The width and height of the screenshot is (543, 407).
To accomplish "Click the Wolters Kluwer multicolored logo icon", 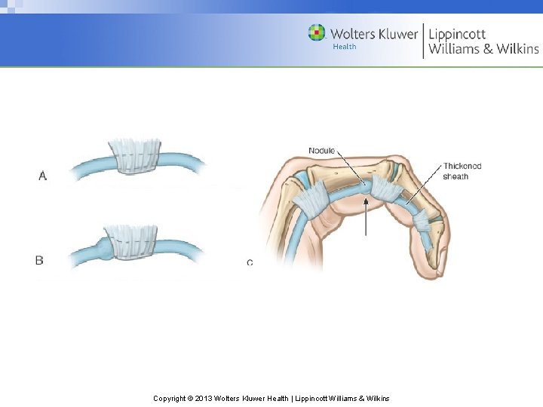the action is click(317, 32).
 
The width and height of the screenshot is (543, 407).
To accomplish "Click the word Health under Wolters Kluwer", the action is click(345, 47).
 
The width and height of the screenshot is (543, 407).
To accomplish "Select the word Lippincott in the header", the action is click(457, 33).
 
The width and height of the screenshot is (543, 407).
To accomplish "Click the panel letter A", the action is click(43, 176).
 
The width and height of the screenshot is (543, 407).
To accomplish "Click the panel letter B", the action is click(39, 260).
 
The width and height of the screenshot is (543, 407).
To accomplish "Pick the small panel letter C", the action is click(250, 262).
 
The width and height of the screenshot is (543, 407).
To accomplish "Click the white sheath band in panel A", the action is click(136, 156).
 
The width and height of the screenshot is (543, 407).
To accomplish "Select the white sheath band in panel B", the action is click(133, 241).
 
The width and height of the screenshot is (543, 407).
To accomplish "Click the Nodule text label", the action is click(321, 151).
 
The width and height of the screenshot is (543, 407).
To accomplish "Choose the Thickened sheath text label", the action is click(462, 171).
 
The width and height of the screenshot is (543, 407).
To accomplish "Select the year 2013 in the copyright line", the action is click(204, 398).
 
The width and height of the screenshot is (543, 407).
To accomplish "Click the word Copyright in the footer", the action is click(170, 398).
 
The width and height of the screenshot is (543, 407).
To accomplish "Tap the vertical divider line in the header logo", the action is click(423, 41).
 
